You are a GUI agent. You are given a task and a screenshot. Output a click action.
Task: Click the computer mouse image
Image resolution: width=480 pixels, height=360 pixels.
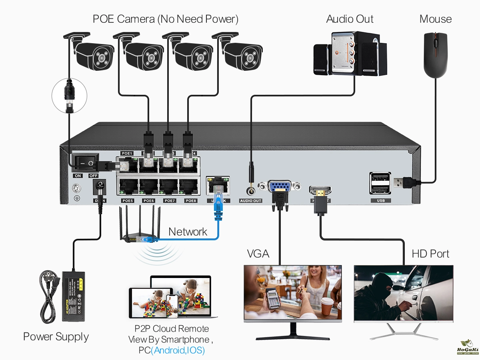[x=436, y=55]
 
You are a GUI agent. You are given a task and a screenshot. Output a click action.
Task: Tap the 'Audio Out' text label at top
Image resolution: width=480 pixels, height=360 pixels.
[x=350, y=19]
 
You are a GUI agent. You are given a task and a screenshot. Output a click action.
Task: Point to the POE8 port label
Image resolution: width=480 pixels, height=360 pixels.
[x=191, y=200]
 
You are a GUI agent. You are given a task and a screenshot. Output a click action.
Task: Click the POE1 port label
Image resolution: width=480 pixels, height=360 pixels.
[x=127, y=153]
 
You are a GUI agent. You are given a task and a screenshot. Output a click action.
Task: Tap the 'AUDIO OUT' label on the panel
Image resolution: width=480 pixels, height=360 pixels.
[x=251, y=200]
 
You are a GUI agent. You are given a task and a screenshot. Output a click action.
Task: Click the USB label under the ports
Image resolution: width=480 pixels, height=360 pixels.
[x=380, y=200]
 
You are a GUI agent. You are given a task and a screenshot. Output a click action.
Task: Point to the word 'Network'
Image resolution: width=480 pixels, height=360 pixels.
[x=188, y=232]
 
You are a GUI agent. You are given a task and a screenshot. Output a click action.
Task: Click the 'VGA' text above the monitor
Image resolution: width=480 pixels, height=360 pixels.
[x=258, y=254]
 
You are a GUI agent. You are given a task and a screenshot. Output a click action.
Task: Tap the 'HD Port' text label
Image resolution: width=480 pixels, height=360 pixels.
[x=430, y=254]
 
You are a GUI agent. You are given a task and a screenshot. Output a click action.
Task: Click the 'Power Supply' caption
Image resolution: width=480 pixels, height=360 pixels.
[x=56, y=336]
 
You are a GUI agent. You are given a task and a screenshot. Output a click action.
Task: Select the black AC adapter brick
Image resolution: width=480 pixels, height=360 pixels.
[x=73, y=296]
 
